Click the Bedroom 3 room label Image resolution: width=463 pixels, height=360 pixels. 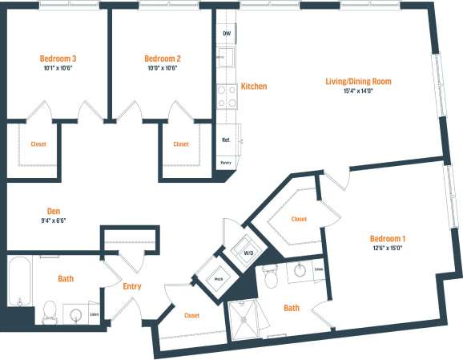pyautogui.click(x=58, y=59)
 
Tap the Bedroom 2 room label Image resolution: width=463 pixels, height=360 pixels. pyautogui.click(x=162, y=59)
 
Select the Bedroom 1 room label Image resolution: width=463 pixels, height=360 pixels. pyautogui.click(x=388, y=238)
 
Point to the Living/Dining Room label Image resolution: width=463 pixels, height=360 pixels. pyautogui.click(x=357, y=81)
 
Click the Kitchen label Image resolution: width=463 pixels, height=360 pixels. pyautogui.click(x=254, y=87)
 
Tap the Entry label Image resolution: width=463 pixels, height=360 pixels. pyautogui.click(x=132, y=286)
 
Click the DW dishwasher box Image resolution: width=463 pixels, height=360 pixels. pyautogui.click(x=227, y=34)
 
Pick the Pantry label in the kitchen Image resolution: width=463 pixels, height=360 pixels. pyautogui.click(x=227, y=163)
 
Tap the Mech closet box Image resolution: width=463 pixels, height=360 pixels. pyautogui.click(x=217, y=279)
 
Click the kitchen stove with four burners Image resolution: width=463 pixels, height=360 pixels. pyautogui.click(x=227, y=96)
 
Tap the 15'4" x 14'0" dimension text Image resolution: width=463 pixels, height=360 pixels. pyautogui.click(x=357, y=91)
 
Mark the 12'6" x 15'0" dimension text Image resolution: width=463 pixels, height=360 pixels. pyautogui.click(x=388, y=249)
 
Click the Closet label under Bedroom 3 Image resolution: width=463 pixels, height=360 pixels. pyautogui.click(x=38, y=144)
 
